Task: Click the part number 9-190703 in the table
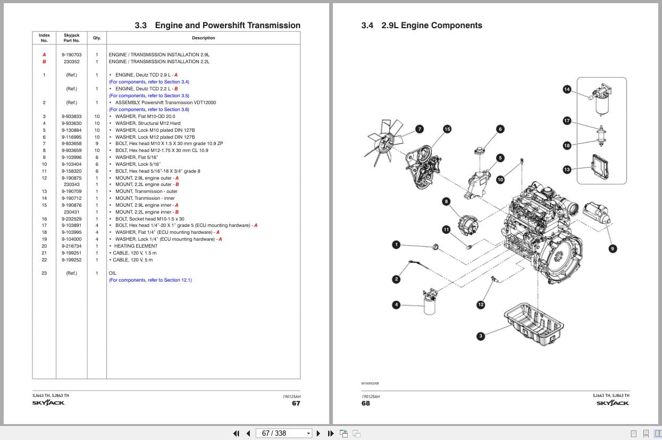click(x=71, y=55)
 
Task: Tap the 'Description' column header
click(x=203, y=38)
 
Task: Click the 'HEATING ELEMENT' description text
click(x=136, y=246)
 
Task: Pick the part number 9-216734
click(x=71, y=246)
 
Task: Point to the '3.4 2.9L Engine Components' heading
click(x=422, y=26)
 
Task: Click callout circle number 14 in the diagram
click(x=567, y=89)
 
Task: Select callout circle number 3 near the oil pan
click(x=481, y=336)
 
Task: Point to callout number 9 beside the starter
click(x=613, y=248)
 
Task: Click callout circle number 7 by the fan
click(x=420, y=129)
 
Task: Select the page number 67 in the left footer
click(x=296, y=403)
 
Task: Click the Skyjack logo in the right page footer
click(x=613, y=403)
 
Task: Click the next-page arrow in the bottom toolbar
click(x=319, y=433)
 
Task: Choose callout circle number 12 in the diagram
click(x=481, y=304)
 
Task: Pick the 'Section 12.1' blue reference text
click(x=178, y=280)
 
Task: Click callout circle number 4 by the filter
click(x=396, y=304)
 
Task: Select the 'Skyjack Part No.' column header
click(x=71, y=38)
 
